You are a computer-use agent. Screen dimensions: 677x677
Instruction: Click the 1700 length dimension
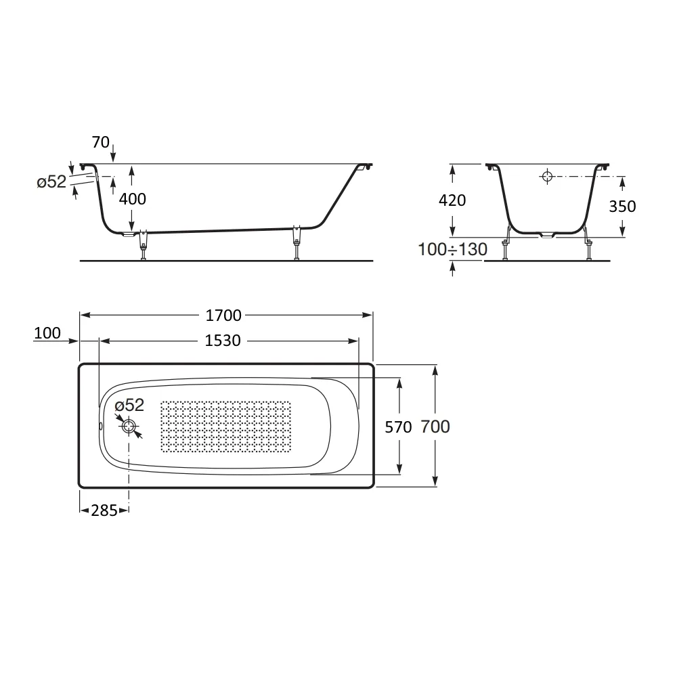[x=223, y=315]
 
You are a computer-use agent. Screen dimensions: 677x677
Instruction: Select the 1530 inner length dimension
[x=222, y=341]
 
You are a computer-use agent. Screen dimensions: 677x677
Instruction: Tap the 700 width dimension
[x=435, y=427]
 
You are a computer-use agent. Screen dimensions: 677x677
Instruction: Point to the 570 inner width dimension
[x=398, y=427]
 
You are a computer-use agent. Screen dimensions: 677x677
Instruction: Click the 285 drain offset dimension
[x=104, y=510]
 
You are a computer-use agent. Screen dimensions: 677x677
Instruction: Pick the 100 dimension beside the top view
[x=47, y=333]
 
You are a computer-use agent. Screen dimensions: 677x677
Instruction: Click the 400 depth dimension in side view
[x=133, y=199]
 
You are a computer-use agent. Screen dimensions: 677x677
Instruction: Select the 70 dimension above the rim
[x=101, y=142]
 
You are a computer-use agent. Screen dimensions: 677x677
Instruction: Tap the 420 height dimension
[x=452, y=200]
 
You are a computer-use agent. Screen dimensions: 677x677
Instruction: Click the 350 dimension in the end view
[x=622, y=206]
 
